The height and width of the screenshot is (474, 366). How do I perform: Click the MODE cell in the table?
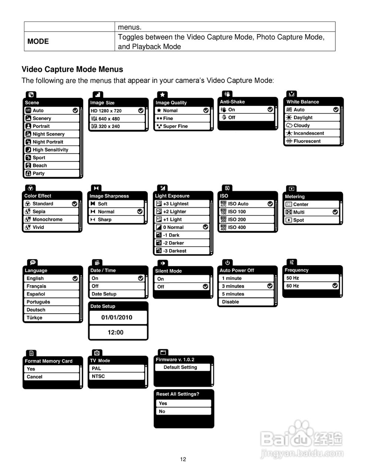click(x=38, y=41)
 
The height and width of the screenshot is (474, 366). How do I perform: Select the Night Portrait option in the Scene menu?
click(x=48, y=142)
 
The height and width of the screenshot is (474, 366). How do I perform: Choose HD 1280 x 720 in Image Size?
click(x=106, y=111)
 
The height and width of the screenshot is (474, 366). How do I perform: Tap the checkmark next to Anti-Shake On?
click(x=270, y=110)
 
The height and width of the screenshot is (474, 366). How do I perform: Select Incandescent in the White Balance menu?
click(x=309, y=133)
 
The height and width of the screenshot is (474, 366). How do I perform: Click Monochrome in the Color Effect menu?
click(x=47, y=220)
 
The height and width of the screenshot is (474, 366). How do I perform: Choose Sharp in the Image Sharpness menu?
click(x=104, y=220)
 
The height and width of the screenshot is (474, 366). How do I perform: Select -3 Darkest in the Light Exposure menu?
click(x=175, y=251)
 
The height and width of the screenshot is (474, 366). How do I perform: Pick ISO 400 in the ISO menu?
click(x=237, y=227)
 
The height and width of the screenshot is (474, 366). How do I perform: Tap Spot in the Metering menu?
click(x=298, y=220)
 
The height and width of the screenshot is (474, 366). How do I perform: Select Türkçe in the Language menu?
click(x=34, y=318)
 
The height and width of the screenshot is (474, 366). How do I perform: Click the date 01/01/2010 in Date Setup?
click(x=117, y=317)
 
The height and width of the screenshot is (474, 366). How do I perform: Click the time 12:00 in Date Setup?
click(x=115, y=333)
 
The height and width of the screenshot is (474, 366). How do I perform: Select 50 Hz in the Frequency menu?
click(x=293, y=278)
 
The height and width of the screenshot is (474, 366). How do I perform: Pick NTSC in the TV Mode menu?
click(x=98, y=376)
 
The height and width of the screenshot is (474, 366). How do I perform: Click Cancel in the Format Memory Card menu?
click(x=34, y=377)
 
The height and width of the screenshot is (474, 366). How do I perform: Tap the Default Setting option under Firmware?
click(x=180, y=367)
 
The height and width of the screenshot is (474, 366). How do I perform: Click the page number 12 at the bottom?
click(x=183, y=460)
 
